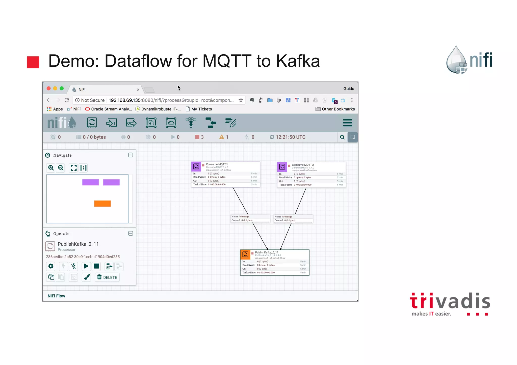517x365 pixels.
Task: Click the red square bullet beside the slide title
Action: [x=33, y=62]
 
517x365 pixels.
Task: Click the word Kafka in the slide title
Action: [x=298, y=61]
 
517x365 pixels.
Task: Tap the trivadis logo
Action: [x=450, y=304]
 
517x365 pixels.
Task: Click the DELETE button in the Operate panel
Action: [x=107, y=277]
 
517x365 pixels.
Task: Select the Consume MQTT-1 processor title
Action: [x=217, y=164]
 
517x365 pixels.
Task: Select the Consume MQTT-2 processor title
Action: [x=303, y=165]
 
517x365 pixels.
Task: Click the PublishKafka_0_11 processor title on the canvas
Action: [x=267, y=252]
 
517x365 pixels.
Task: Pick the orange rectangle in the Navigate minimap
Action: [x=102, y=204]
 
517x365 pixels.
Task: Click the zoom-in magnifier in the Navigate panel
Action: [x=51, y=168]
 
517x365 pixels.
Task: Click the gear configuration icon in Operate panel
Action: [x=51, y=266]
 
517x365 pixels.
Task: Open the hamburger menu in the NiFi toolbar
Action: [x=347, y=123]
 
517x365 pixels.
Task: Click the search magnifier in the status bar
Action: [x=342, y=137]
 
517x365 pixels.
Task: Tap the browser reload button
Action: [x=67, y=100]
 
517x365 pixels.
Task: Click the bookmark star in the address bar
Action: [x=241, y=100]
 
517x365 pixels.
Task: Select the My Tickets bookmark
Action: [x=201, y=109]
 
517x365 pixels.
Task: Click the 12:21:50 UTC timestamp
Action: [x=290, y=137]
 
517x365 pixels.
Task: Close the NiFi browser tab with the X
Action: [x=138, y=90]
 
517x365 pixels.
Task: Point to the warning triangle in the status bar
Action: [x=222, y=137]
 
